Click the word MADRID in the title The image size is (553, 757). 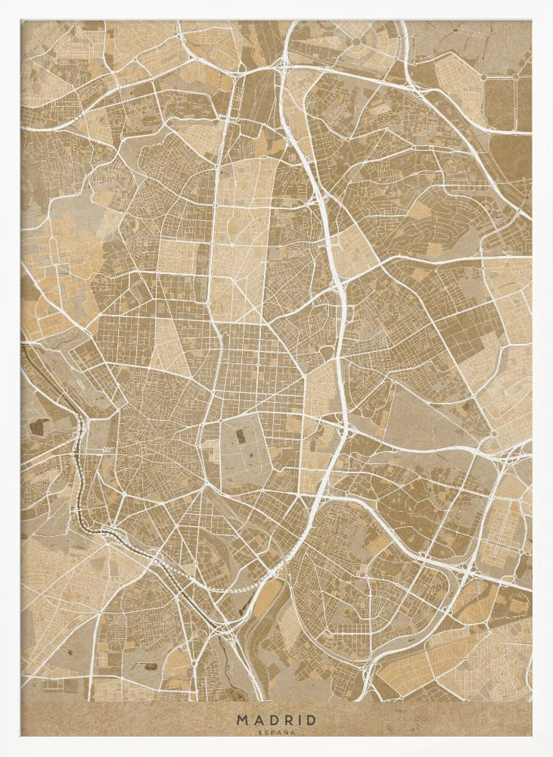[x=276, y=720]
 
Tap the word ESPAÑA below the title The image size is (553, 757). [x=276, y=732]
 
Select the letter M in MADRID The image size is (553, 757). [x=241, y=720]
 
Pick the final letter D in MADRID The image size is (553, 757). [x=311, y=720]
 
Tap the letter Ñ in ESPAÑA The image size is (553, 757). [x=284, y=732]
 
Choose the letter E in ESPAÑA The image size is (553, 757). [x=261, y=732]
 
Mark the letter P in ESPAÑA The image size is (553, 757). [x=272, y=732]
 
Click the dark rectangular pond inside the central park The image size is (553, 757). [x=240, y=437]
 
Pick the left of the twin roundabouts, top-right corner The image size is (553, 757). [x=483, y=76]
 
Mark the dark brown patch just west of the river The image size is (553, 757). [x=36, y=426]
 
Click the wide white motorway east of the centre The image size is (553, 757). [x=343, y=318]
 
